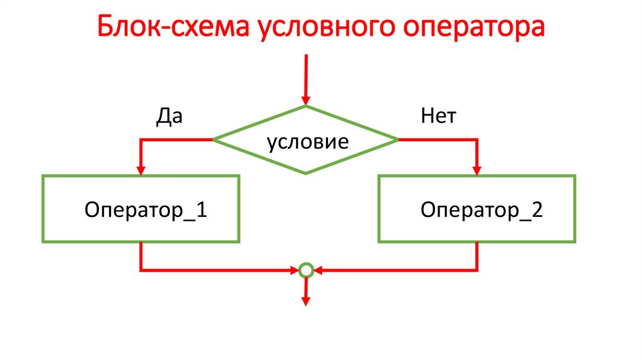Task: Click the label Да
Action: tap(169, 117)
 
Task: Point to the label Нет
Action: tap(438, 117)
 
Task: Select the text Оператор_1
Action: tap(145, 209)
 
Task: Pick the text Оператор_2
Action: tap(481, 209)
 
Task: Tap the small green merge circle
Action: tap(306, 271)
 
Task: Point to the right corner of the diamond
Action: tap(397, 139)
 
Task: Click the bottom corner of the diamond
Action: tap(306, 173)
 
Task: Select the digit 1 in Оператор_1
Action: tap(201, 209)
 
